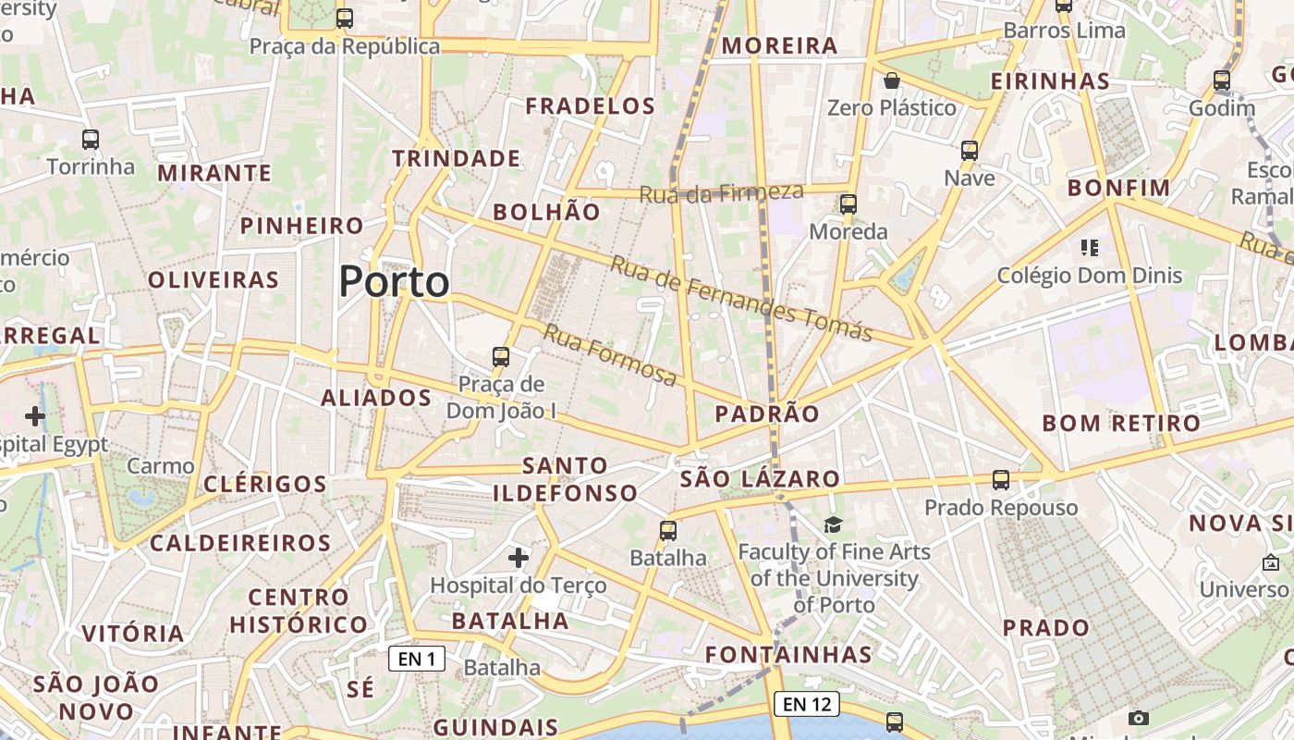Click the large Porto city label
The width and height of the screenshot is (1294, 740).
[395, 281]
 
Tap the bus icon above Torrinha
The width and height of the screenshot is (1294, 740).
[91, 140]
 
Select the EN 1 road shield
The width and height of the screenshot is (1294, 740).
[417, 659]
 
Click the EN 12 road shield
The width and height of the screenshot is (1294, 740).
[807, 704]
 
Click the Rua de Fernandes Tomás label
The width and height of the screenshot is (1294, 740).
[741, 298]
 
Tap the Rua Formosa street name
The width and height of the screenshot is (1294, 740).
[610, 354]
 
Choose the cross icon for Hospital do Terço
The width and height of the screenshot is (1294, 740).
[519, 558]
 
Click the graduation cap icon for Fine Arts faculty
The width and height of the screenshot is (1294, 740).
[833, 525]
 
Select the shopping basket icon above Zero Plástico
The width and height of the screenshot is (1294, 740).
[892, 80]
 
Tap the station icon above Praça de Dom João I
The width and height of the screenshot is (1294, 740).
[501, 356]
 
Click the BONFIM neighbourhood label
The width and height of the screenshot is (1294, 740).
[1119, 188]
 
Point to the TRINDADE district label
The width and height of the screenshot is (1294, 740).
[457, 158]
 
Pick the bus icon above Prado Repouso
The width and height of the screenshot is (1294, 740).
[1001, 479]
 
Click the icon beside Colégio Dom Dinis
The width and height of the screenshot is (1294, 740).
[1090, 247]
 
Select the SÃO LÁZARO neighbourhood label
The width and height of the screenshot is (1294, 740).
[760, 479]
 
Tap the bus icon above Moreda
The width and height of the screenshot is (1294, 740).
[848, 204]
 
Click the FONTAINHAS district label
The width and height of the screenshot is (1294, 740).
[788, 655]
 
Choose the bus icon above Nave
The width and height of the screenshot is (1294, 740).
[970, 150]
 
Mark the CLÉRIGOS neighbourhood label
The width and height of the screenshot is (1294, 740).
[265, 484]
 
